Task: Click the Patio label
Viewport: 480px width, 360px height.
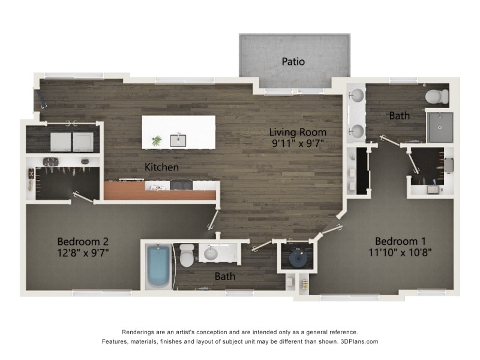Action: pos(293,61)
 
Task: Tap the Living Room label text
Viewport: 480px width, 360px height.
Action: pos(298,132)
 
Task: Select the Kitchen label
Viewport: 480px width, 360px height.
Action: pos(161,167)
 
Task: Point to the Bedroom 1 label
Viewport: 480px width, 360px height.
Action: pos(401,241)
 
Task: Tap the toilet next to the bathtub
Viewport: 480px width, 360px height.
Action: pos(187,256)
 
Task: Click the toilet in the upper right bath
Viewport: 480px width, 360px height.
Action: pos(437,96)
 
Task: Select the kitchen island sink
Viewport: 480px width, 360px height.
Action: pos(178,140)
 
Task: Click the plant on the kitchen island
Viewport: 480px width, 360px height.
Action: pos(157,140)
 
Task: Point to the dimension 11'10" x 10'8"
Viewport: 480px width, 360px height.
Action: pos(401,252)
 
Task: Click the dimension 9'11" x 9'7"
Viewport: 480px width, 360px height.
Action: pos(298,143)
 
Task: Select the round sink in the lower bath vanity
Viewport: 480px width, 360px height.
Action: pos(211,254)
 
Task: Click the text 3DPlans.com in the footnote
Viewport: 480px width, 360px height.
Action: pos(359,341)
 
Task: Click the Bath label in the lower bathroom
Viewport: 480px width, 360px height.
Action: pos(225,277)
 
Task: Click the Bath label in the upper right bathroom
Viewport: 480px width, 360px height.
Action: pos(399,115)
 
